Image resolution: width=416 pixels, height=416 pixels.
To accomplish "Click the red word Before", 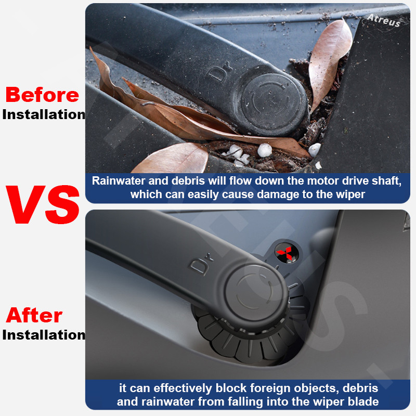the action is point(42,95).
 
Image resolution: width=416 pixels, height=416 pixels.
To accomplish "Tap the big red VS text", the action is point(43,204).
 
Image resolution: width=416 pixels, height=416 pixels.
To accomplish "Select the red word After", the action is point(34,315).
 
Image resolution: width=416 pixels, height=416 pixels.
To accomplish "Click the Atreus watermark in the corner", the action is point(384,20).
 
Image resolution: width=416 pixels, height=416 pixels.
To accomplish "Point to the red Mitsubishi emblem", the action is point(284,253).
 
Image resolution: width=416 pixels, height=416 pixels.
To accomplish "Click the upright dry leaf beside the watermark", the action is point(329,62).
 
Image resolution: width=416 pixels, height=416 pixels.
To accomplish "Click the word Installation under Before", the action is point(44,114).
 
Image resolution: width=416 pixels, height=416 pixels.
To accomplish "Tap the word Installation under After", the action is point(44,335).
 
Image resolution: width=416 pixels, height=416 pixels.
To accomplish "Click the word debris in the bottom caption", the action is point(360,388).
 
